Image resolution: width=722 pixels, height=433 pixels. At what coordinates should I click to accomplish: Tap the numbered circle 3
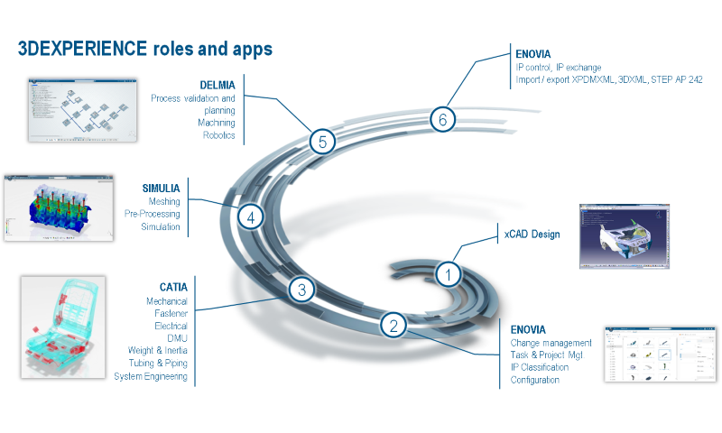302,290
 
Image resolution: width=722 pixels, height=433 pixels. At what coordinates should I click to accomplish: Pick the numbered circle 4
251,216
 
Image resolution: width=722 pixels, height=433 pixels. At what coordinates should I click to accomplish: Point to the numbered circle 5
322,141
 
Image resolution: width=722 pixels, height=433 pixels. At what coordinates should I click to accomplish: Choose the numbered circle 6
441,118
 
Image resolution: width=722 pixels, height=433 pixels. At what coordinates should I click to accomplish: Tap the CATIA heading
169,287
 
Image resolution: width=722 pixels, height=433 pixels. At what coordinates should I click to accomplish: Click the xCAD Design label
532,235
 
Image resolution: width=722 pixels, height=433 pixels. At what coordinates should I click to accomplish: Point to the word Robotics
218,135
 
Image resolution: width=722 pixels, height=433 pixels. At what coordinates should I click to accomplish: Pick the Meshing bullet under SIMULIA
163,201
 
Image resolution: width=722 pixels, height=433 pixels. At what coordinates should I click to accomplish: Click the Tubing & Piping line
154,364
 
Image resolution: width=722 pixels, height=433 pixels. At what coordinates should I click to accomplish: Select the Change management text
551,343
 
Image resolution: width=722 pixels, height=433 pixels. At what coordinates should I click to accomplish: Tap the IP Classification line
540,368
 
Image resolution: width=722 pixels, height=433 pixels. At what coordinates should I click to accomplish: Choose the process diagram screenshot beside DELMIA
81,109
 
